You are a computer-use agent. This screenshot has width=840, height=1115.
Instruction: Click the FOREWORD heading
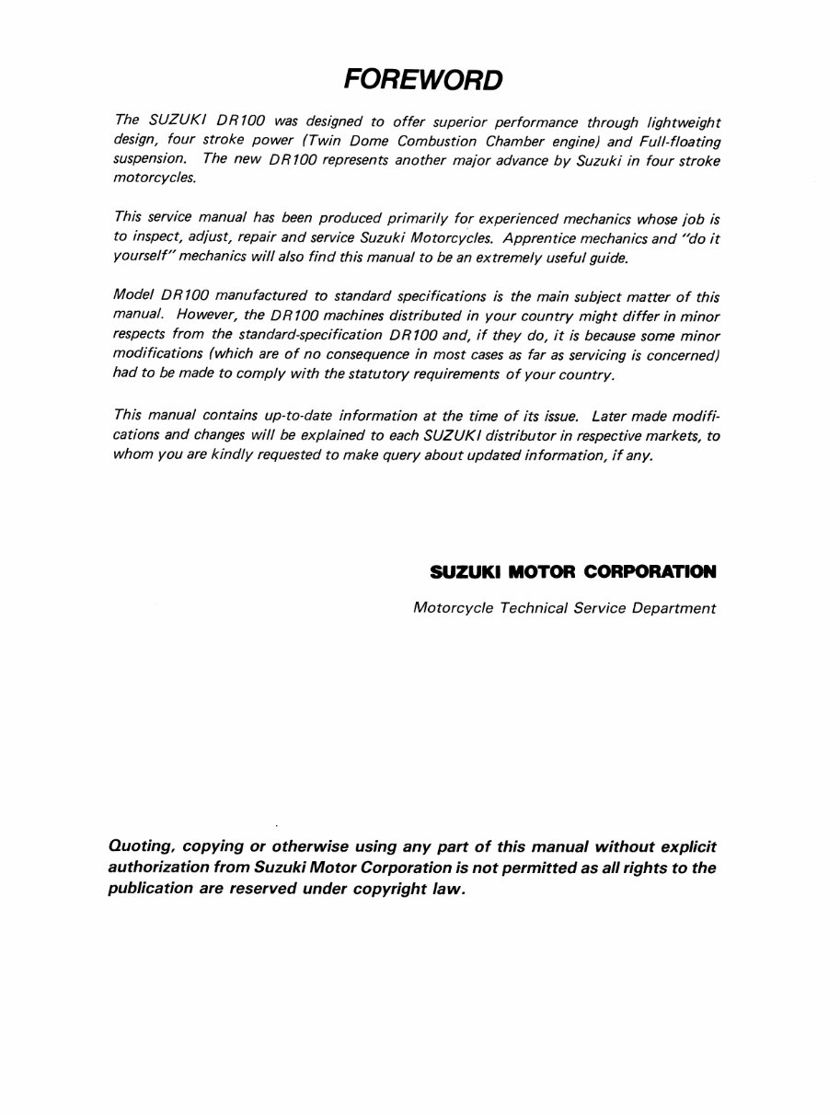point(423,80)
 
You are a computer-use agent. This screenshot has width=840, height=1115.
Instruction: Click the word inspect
point(159,237)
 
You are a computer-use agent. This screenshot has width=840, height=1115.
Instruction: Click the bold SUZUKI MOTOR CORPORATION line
point(572,572)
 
